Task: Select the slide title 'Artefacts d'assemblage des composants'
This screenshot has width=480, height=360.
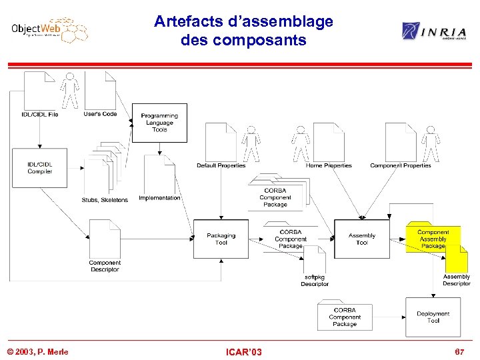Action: tap(243, 31)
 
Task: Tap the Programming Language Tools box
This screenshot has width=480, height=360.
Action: tap(159, 123)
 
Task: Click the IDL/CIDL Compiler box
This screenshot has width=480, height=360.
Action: tap(40, 168)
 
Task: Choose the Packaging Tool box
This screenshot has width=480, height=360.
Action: tap(221, 239)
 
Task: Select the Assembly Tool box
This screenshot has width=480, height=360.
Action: tap(361, 239)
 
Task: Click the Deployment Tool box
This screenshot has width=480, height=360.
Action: tap(433, 317)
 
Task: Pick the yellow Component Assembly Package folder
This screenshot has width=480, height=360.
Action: tap(433, 239)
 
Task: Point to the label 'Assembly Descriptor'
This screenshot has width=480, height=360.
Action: tap(456, 280)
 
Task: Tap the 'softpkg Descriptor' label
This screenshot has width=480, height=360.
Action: tap(314, 280)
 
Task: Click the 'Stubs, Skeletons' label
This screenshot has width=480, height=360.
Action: tap(105, 200)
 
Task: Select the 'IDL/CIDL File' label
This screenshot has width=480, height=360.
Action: tap(39, 114)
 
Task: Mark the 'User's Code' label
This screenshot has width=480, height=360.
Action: tap(100, 114)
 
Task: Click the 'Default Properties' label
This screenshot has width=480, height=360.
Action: tap(221, 165)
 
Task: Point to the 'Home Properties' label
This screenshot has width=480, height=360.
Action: tap(328, 165)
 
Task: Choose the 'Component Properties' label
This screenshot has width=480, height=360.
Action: tap(400, 165)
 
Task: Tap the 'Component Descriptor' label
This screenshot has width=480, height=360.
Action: tap(105, 266)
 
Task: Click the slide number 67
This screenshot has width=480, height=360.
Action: tap(459, 351)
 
